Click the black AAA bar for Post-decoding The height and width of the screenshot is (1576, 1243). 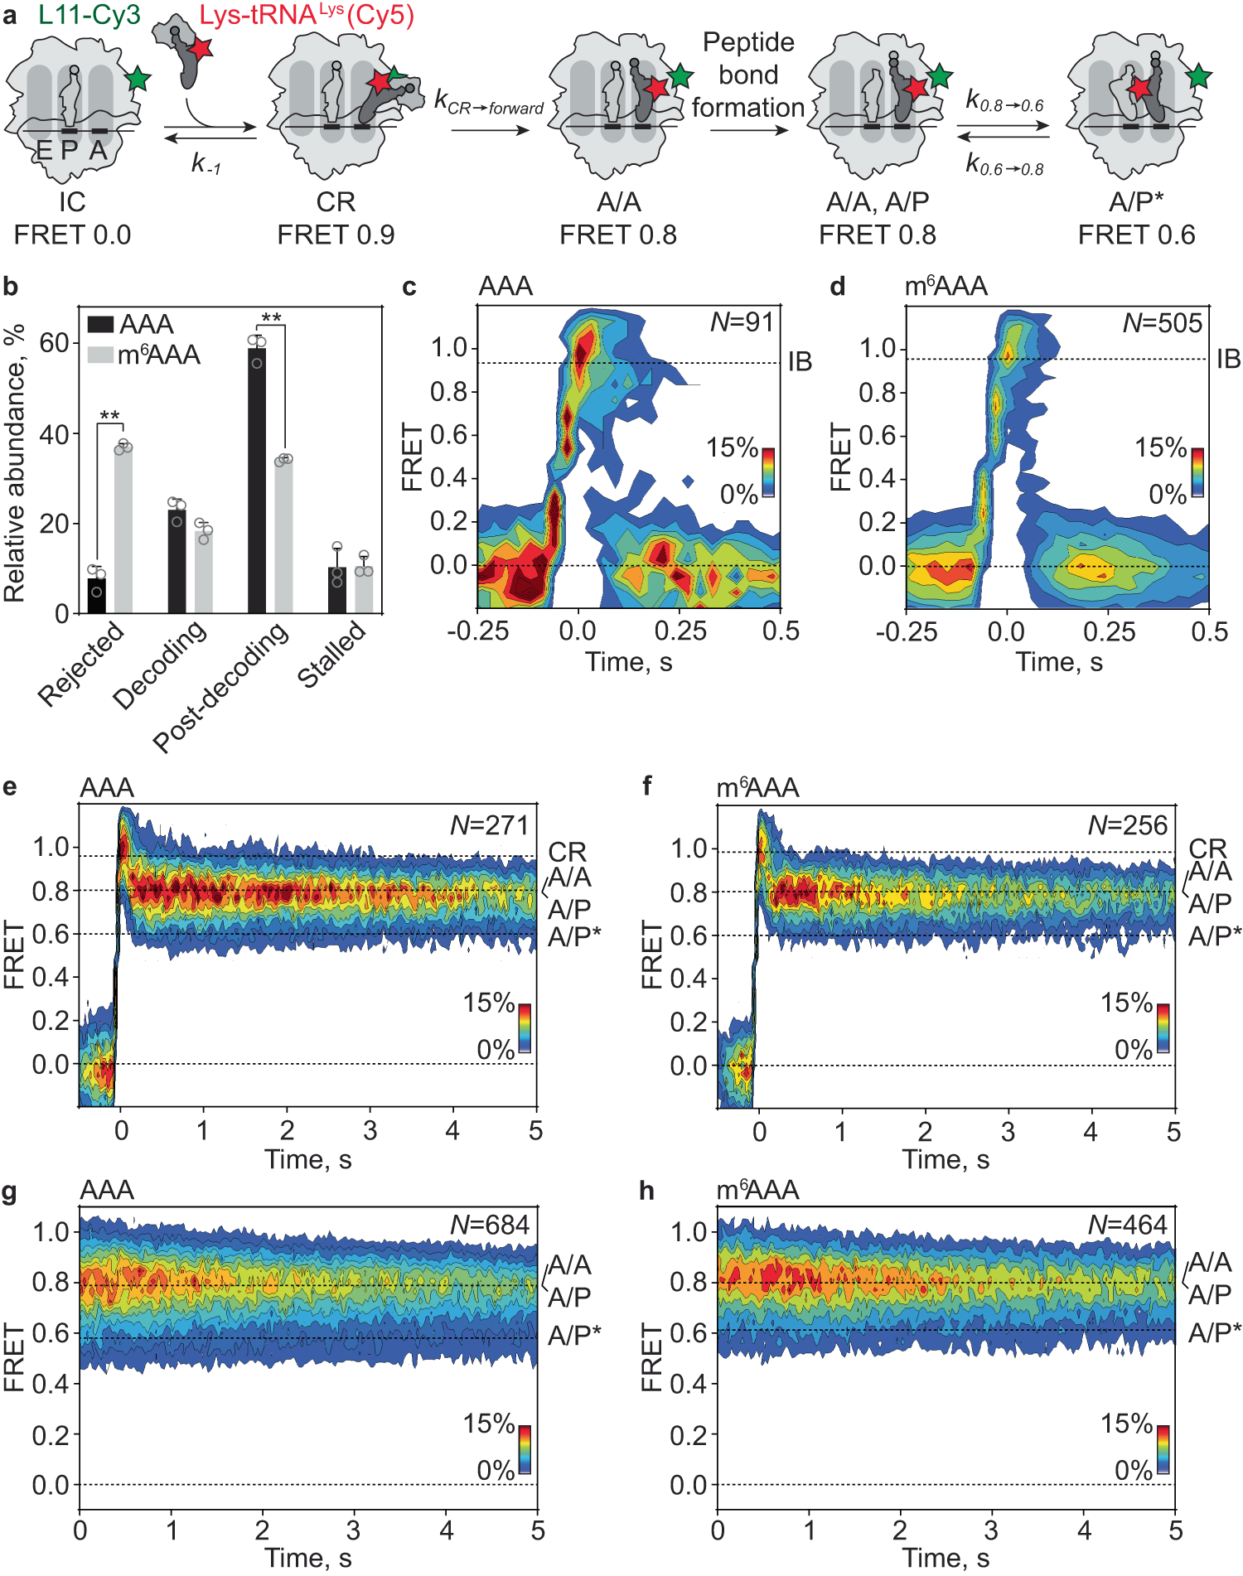click(x=257, y=481)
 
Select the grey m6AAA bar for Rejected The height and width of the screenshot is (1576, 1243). click(x=123, y=530)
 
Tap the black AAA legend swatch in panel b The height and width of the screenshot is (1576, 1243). click(x=100, y=324)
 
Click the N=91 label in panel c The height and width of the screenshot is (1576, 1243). click(x=742, y=321)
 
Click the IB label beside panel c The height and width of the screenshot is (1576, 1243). click(x=800, y=361)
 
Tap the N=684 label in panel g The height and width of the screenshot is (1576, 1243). click(x=489, y=1225)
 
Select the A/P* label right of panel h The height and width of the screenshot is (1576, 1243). click(x=1214, y=1333)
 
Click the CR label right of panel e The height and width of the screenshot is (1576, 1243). click(x=567, y=851)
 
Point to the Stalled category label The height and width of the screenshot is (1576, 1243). click(x=331, y=655)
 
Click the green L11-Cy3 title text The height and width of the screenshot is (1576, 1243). click(x=89, y=15)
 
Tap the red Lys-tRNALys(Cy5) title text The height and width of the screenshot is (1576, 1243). click(x=307, y=15)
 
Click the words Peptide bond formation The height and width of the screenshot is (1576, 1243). click(x=748, y=75)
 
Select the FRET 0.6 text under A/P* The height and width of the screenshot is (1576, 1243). click(x=1136, y=235)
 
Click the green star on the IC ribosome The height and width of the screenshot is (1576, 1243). click(x=138, y=80)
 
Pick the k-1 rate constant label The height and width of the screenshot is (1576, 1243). click(x=206, y=163)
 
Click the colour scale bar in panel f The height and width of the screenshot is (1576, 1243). click(x=1163, y=1027)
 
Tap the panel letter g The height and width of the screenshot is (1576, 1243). click(x=10, y=1192)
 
